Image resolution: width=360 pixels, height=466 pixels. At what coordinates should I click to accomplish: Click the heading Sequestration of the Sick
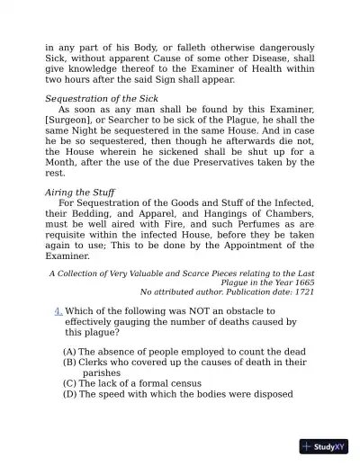point(101,98)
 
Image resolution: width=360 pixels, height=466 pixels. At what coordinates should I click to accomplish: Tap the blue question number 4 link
point(58,311)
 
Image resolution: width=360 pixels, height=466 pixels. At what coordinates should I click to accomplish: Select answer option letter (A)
point(69,351)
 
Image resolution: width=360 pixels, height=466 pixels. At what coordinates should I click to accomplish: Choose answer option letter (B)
point(69,362)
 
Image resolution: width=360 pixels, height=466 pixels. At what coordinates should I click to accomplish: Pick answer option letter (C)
point(69,383)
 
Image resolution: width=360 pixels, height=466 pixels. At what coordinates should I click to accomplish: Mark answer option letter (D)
point(69,394)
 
